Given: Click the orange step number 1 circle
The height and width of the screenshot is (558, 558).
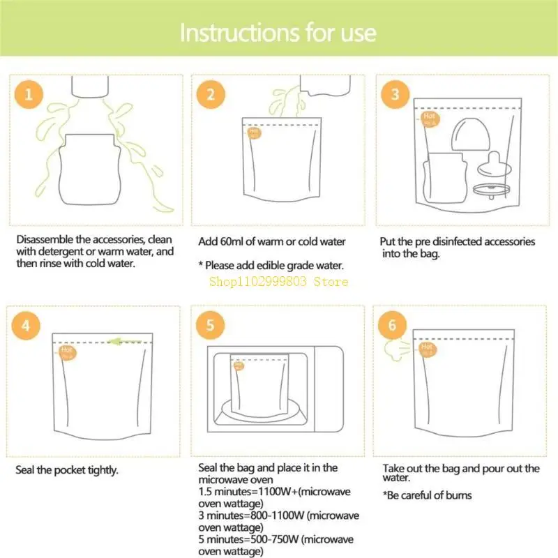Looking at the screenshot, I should pyautogui.click(x=29, y=94).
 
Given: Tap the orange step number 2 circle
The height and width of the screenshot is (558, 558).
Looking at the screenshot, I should pyautogui.click(x=210, y=94).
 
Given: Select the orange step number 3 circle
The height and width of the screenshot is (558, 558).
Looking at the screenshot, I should pyautogui.click(x=395, y=94).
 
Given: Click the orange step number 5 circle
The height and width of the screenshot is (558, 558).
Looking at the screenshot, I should pyautogui.click(x=210, y=325).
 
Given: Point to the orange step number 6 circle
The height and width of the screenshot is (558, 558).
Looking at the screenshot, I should pyautogui.click(x=392, y=325).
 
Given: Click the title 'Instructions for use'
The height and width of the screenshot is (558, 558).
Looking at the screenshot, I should pyautogui.click(x=278, y=33).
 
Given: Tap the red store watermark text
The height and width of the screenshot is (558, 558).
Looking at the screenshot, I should pyautogui.click(x=278, y=282).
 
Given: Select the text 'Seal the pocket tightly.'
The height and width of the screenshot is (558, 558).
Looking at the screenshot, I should pyautogui.click(x=67, y=470).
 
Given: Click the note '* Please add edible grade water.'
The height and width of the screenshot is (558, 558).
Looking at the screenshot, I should pyautogui.click(x=271, y=265).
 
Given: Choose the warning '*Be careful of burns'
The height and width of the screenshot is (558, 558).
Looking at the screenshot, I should pyautogui.click(x=427, y=495).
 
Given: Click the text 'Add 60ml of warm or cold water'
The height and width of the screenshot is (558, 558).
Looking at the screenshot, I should pyautogui.click(x=272, y=242).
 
